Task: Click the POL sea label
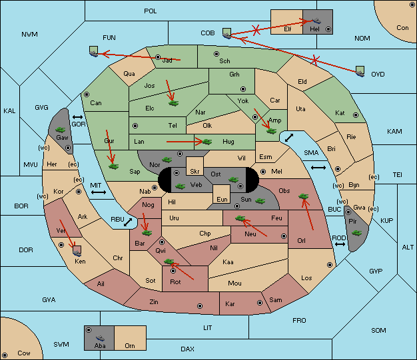click(x=151, y=11)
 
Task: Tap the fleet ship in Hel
click(x=316, y=21)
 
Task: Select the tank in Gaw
click(x=61, y=130)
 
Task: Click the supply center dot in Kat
click(x=356, y=115)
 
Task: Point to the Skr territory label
click(x=195, y=172)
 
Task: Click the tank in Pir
click(x=356, y=233)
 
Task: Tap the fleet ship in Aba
click(x=101, y=338)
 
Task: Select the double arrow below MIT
click(x=99, y=192)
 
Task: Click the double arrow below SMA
click(x=318, y=168)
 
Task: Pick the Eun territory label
click(x=222, y=199)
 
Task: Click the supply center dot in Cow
click(x=5, y=355)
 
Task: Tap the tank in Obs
click(x=304, y=196)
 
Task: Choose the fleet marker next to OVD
click(x=360, y=71)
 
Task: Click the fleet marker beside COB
click(x=227, y=33)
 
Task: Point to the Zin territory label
click(x=154, y=302)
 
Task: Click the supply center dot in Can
click(x=87, y=94)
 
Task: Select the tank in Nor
click(x=167, y=160)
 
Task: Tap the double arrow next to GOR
click(x=78, y=117)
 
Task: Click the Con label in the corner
click(x=402, y=28)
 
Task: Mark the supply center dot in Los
click(x=330, y=265)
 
